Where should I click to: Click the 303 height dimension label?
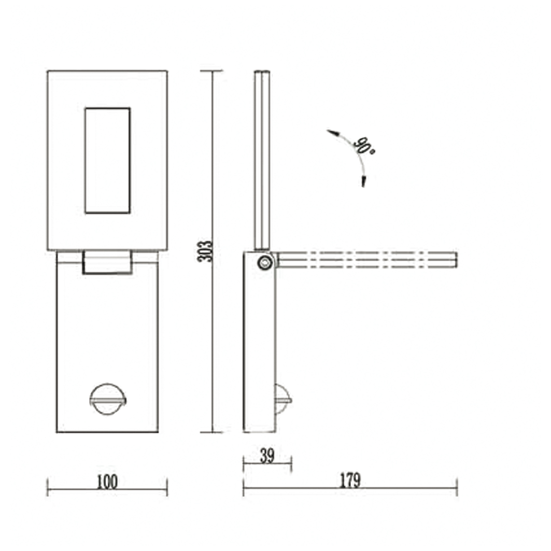click(204, 251)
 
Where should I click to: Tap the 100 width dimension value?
click(107, 482)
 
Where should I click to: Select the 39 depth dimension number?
click(267, 456)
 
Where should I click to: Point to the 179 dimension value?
click(350, 481)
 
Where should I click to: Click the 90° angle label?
click(364, 146)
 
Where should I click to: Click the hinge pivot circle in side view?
click(265, 262)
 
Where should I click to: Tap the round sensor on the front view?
click(108, 400)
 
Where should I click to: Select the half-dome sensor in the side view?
click(283, 400)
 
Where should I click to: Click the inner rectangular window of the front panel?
click(107, 161)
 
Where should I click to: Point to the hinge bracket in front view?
click(107, 262)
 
